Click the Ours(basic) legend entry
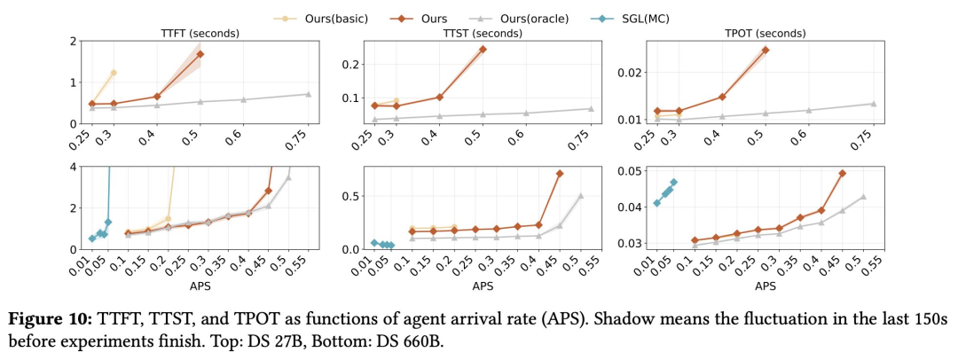pyautogui.click(x=328, y=18)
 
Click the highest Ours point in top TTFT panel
pyautogui.click(x=200, y=54)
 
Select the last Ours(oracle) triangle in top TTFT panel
pyautogui.click(x=308, y=94)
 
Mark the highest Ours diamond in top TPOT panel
pyautogui.click(x=765, y=50)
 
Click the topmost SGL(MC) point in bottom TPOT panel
pyautogui.click(x=673, y=183)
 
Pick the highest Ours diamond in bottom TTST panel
pyautogui.click(x=560, y=174)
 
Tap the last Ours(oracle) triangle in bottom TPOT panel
pyautogui.click(x=862, y=197)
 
